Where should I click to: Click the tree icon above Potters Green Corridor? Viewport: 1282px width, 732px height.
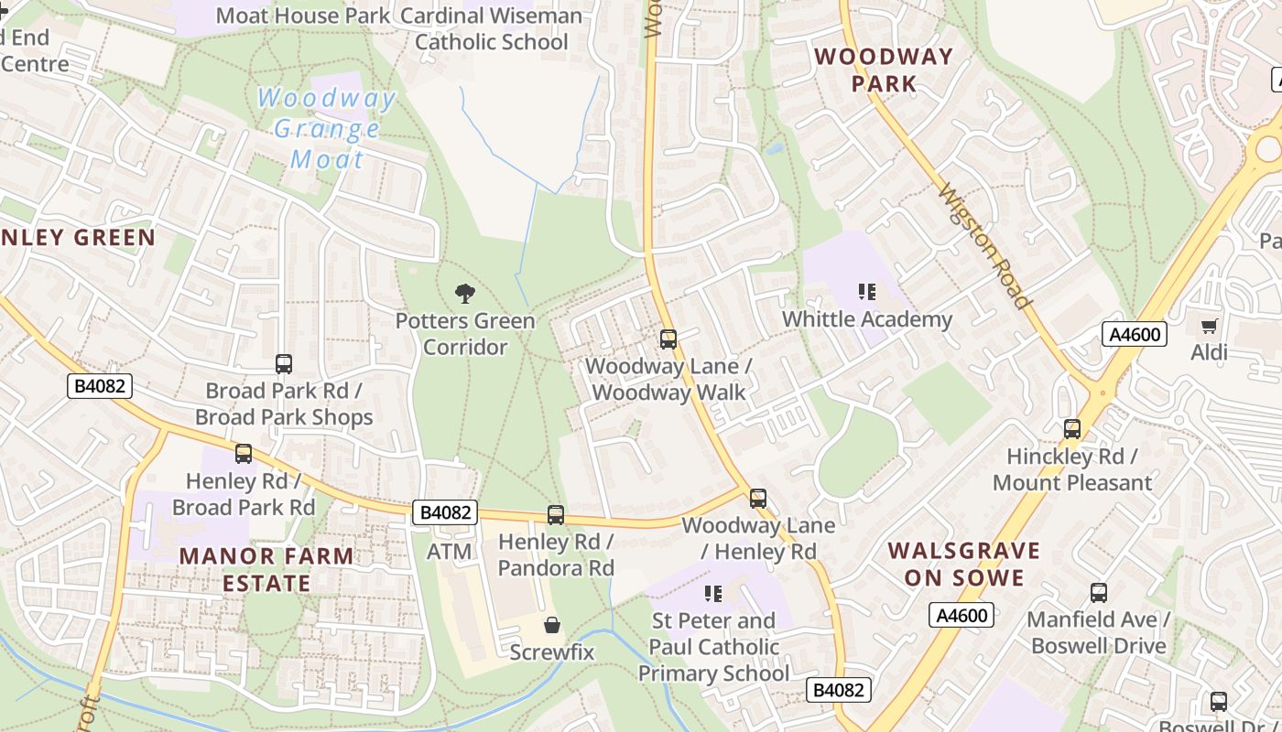click(465, 294)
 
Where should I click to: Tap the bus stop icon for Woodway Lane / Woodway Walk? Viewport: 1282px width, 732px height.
click(668, 339)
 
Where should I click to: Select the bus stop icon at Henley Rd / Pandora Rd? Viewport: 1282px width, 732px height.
click(556, 515)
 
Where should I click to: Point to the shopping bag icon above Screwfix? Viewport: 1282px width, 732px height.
click(552, 626)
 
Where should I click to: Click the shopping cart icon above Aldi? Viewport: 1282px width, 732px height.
click(1209, 326)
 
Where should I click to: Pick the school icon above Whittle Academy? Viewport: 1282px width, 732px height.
click(866, 293)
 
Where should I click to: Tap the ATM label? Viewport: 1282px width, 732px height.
click(450, 552)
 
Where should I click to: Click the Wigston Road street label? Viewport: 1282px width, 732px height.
click(986, 246)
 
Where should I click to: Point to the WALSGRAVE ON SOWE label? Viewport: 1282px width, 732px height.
click(964, 564)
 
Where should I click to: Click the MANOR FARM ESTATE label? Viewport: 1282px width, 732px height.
click(266, 569)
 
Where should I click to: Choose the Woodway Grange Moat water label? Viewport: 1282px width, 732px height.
click(327, 128)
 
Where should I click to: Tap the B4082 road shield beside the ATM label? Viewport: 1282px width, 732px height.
click(446, 512)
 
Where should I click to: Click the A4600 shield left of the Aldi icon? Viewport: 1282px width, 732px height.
click(1135, 334)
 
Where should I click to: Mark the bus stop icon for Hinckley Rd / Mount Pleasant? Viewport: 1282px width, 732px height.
click(1072, 429)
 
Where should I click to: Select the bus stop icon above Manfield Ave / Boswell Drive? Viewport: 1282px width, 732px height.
click(1099, 593)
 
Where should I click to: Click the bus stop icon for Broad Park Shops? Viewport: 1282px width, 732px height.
click(284, 364)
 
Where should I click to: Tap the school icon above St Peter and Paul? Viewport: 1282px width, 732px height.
click(713, 594)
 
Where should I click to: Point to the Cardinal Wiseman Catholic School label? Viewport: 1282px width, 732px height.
click(492, 29)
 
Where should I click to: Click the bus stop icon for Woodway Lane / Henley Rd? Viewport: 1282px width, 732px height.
click(758, 499)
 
